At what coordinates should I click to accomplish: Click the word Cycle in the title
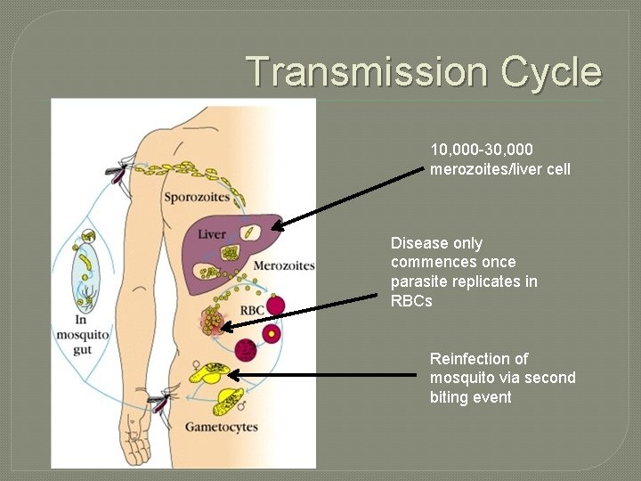click(x=551, y=72)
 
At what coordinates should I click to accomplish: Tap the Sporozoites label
click(x=197, y=196)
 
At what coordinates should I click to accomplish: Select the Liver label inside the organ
click(x=212, y=234)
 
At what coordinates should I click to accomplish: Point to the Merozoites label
click(x=284, y=265)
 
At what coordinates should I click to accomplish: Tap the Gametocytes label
click(x=222, y=427)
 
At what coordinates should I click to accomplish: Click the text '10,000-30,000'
click(x=482, y=151)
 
